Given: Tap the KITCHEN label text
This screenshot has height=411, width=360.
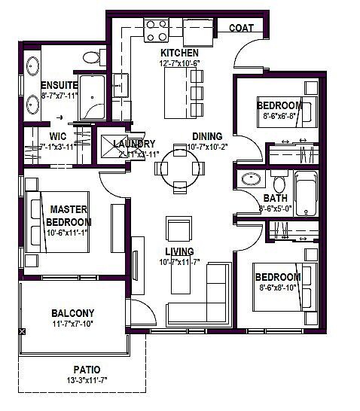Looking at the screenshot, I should click(179, 53).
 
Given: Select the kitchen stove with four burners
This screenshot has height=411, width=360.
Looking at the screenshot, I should click(157, 30).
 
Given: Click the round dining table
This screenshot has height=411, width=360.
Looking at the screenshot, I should click(178, 166).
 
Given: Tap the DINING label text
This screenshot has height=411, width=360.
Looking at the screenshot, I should click(206, 136).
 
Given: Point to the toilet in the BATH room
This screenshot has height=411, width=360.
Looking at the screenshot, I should click(279, 184).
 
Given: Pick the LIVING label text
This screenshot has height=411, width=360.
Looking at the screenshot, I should click(180, 251).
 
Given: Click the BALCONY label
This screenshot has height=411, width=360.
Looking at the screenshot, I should click(72, 312).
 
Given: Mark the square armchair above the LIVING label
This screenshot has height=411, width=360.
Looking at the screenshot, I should click(179, 229).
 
